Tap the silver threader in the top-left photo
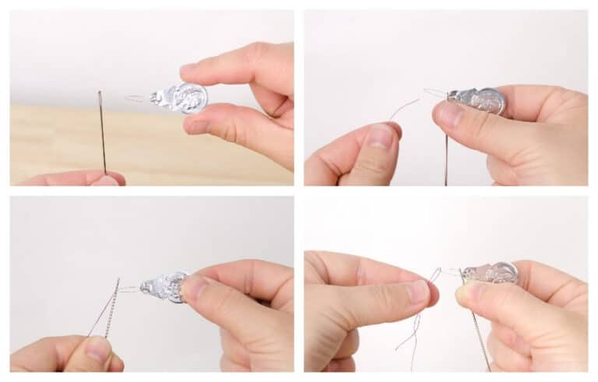coord(181,98)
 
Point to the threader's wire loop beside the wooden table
coord(137,99)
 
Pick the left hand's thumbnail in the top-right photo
coord(381,137)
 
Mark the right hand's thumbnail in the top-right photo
coord(449,115)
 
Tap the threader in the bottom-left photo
coord(167,286)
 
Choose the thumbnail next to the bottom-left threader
coord(195,291)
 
